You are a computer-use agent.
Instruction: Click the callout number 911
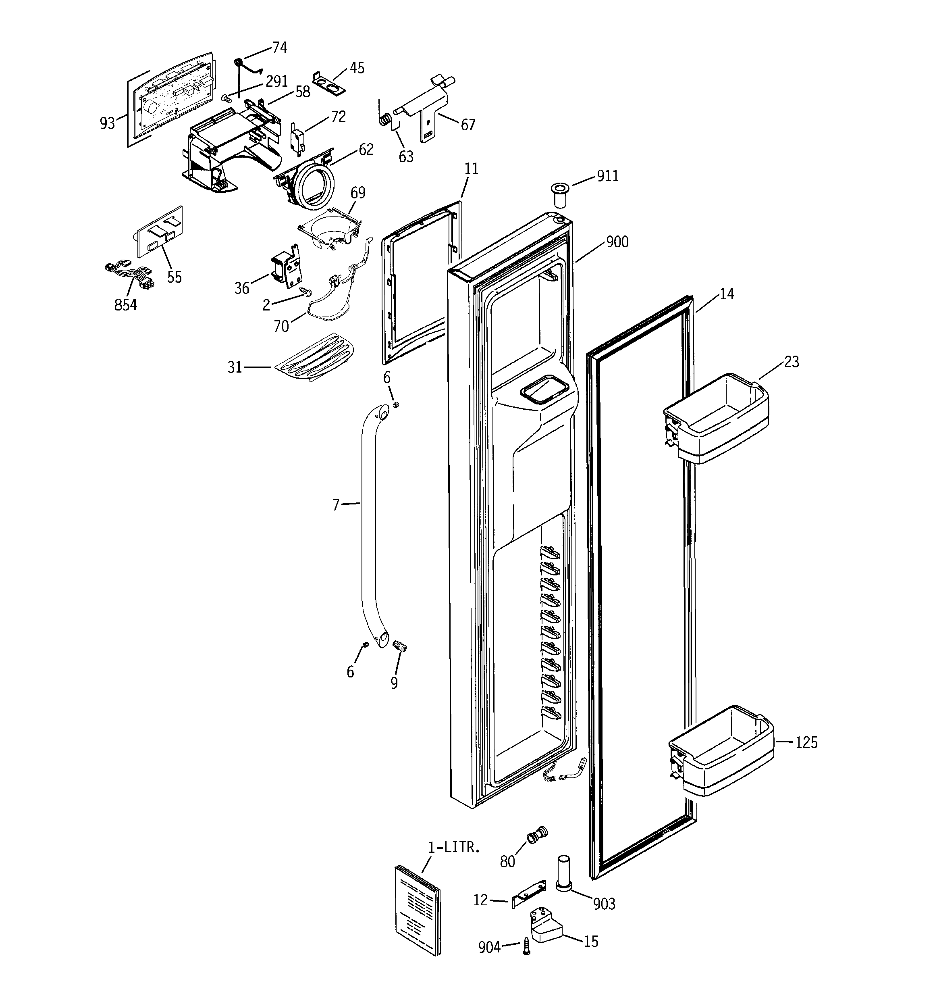click(607, 176)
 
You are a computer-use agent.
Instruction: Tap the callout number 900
click(617, 242)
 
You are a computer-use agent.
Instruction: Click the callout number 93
click(107, 123)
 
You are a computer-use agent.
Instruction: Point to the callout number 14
click(726, 294)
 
